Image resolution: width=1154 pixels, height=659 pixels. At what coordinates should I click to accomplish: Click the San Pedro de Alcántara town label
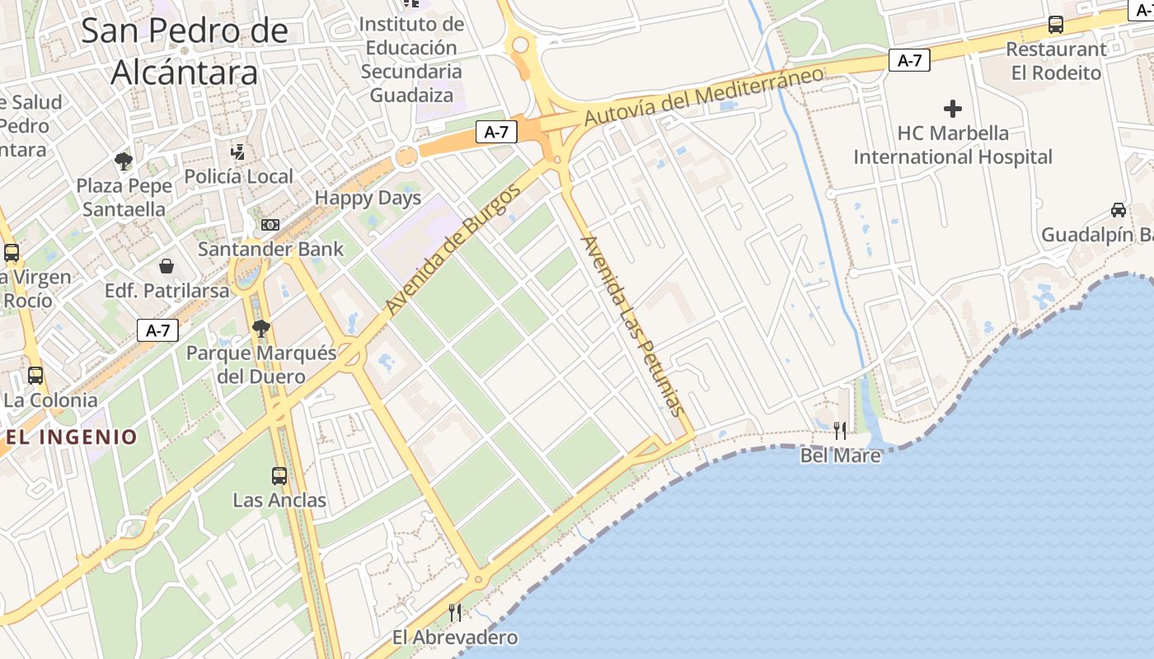(x=185, y=51)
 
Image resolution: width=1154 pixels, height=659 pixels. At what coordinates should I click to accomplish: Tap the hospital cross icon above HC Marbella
(x=953, y=108)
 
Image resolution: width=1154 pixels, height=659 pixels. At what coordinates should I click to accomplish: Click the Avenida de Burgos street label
(x=453, y=250)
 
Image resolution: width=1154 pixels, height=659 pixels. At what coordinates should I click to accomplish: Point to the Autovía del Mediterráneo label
(x=703, y=96)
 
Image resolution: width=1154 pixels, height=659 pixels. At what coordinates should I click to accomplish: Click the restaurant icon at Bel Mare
(x=839, y=430)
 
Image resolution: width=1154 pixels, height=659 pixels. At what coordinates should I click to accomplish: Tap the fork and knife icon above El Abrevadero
(x=454, y=612)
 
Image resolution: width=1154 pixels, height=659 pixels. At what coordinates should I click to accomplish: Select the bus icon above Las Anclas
(x=279, y=475)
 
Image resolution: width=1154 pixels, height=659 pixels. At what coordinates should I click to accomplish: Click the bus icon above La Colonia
(x=35, y=376)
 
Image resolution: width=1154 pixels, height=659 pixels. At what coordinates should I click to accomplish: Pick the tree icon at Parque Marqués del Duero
(x=261, y=329)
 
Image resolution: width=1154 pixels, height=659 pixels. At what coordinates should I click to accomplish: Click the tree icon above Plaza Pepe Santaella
(x=124, y=161)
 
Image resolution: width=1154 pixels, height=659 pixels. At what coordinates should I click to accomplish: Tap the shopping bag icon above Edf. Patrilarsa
(x=167, y=266)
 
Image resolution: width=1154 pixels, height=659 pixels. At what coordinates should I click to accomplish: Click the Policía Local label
(x=238, y=176)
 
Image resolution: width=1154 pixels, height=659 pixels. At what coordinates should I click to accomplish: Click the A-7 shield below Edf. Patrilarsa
(x=157, y=330)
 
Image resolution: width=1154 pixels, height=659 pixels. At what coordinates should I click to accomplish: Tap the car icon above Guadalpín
(x=1119, y=209)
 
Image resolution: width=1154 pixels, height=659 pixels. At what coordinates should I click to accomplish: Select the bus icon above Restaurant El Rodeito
(x=1056, y=25)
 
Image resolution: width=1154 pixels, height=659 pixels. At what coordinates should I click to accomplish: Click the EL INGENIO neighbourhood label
(x=72, y=437)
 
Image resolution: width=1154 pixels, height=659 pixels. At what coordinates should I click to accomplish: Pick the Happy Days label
(x=368, y=198)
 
